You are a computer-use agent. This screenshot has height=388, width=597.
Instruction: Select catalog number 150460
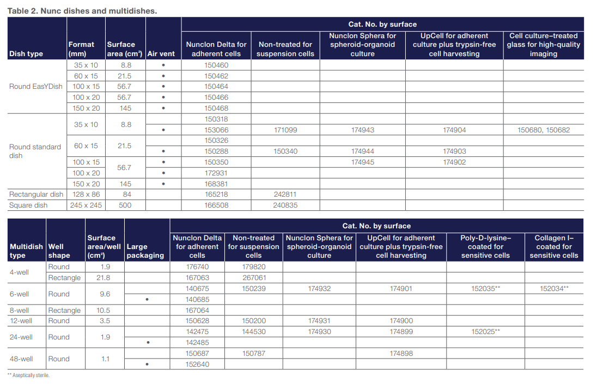pyautogui.click(x=216, y=65)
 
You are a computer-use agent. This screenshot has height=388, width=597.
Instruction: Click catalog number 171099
pyautogui.click(x=285, y=130)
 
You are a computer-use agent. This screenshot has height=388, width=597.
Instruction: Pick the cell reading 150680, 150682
pyautogui.click(x=543, y=130)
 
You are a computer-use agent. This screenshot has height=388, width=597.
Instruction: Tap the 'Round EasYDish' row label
pyautogui.click(x=36, y=86)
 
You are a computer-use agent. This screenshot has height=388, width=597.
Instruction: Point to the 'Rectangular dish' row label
pyautogui.click(x=36, y=195)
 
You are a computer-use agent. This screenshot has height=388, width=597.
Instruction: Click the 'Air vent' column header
pyautogui.click(x=161, y=54)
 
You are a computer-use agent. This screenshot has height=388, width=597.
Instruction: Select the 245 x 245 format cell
pyautogui.click(x=86, y=205)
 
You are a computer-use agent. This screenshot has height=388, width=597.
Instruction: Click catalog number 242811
pyautogui.click(x=285, y=195)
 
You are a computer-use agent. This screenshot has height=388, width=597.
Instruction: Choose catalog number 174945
pyautogui.click(x=362, y=162)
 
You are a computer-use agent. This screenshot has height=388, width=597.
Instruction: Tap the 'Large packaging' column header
pyautogui.click(x=145, y=251)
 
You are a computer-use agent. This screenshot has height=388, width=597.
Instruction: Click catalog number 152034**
pyautogui.click(x=553, y=288)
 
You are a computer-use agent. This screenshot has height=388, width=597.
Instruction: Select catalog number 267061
pyautogui.click(x=253, y=278)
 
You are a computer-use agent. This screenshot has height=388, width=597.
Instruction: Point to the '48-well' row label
pyautogui.click(x=21, y=359)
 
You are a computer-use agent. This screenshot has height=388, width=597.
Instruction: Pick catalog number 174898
pyautogui.click(x=401, y=354)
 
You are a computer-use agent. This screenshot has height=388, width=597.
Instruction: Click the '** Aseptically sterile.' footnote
pyautogui.click(x=28, y=375)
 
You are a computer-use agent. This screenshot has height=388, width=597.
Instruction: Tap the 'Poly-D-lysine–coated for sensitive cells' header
pyautogui.click(x=485, y=246)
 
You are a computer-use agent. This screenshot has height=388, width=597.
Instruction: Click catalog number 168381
pyautogui.click(x=216, y=184)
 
